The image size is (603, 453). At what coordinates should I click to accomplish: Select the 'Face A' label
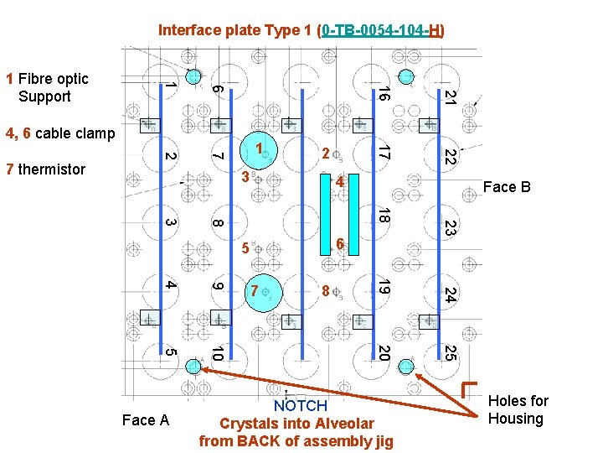(146, 419)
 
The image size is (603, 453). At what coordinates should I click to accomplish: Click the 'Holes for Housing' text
(518, 410)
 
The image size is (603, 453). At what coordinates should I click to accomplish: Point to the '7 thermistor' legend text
(45, 169)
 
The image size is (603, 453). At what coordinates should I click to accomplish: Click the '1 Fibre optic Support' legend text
(47, 87)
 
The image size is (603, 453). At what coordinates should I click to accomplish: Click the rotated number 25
(450, 353)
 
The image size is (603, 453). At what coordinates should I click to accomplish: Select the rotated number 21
(450, 96)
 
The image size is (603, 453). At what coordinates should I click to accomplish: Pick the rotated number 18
(382, 216)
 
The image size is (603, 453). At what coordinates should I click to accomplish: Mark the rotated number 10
(217, 354)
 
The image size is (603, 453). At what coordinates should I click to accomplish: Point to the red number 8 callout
(325, 292)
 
